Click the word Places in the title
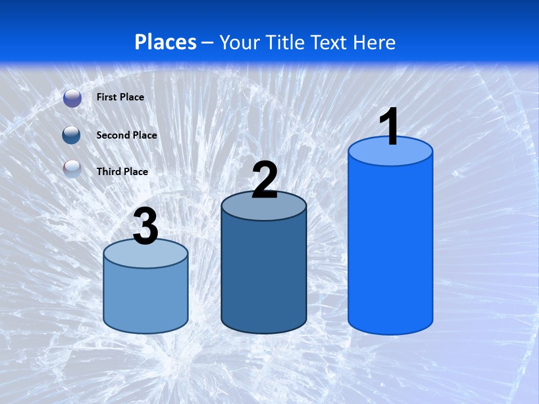coord(166,42)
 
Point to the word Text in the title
coord(325,42)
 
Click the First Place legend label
coord(120,97)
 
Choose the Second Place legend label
coord(126,135)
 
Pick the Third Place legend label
coord(122,172)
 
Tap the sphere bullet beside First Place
coord(72,98)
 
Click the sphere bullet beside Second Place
coord(72,135)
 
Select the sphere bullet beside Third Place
coord(72,169)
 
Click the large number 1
coord(390,127)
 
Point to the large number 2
coord(264,181)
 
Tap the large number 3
coord(146,227)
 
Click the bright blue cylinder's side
coord(390,247)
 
